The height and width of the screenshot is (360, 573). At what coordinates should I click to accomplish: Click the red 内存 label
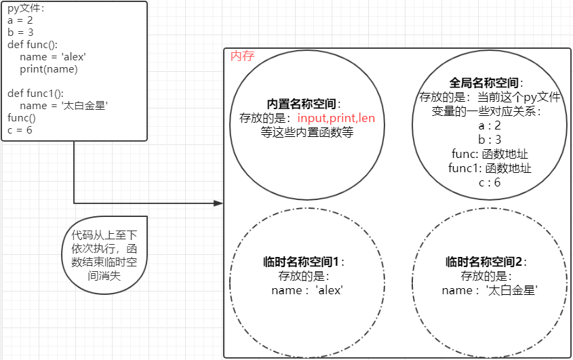[243, 56]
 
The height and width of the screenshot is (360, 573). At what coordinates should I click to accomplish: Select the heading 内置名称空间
[302, 104]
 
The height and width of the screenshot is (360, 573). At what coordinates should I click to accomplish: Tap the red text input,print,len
[336, 118]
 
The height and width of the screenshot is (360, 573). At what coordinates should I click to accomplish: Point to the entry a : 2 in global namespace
[489, 125]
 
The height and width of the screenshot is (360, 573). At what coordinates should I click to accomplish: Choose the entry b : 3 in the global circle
[489, 140]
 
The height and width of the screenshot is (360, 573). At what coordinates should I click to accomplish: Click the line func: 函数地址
[489, 154]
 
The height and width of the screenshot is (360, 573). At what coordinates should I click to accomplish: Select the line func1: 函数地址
[489, 168]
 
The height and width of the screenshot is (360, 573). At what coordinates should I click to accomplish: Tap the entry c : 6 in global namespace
[489, 182]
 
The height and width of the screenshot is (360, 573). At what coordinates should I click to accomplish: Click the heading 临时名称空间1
[302, 262]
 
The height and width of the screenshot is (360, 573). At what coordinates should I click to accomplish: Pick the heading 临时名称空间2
[485, 262]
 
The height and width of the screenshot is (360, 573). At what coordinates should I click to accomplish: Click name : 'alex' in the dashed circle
[307, 290]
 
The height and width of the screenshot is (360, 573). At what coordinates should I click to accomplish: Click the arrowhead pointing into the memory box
[218, 203]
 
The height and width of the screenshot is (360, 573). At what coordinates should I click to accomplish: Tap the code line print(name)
[49, 68]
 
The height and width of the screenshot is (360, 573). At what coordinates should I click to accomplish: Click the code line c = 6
[20, 129]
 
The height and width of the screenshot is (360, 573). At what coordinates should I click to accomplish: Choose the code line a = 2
[20, 20]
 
